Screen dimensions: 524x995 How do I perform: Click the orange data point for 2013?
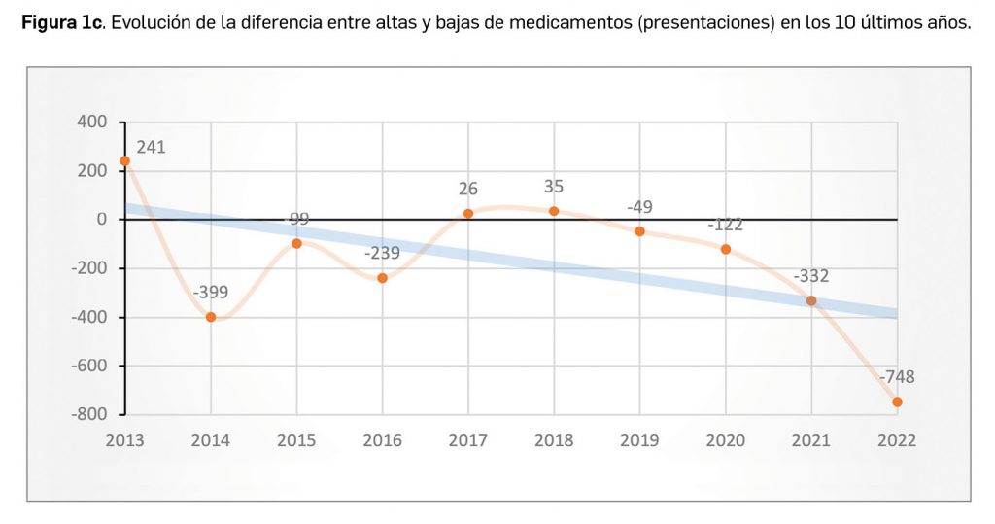pyautogui.click(x=124, y=160)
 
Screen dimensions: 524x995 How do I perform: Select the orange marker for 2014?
pyautogui.click(x=211, y=317)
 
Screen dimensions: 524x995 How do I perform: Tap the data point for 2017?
pyautogui.click(x=468, y=213)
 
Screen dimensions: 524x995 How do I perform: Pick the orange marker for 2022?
pyautogui.click(x=897, y=402)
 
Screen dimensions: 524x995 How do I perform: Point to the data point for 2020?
pyautogui.click(x=726, y=249)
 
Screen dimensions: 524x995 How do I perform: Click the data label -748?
pyautogui.click(x=896, y=377)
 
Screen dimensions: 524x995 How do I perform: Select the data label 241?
pyautogui.click(x=152, y=148)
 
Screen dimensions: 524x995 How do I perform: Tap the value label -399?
pyautogui.click(x=211, y=292)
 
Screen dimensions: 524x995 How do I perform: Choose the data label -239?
pyautogui.click(x=383, y=254)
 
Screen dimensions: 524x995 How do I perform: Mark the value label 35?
pyautogui.click(x=554, y=187)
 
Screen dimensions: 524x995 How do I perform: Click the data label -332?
pyautogui.click(x=810, y=276)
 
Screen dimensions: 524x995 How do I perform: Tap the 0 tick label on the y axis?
pyautogui.click(x=100, y=220)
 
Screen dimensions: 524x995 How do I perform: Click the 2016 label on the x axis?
pyautogui.click(x=382, y=440)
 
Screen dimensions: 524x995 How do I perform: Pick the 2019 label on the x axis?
pyautogui.click(x=639, y=440)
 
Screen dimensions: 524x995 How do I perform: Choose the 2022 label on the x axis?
pyautogui.click(x=896, y=440)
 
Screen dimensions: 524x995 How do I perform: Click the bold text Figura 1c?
pyautogui.click(x=62, y=24)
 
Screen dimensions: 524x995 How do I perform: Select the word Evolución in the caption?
pyautogui.click(x=151, y=24)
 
